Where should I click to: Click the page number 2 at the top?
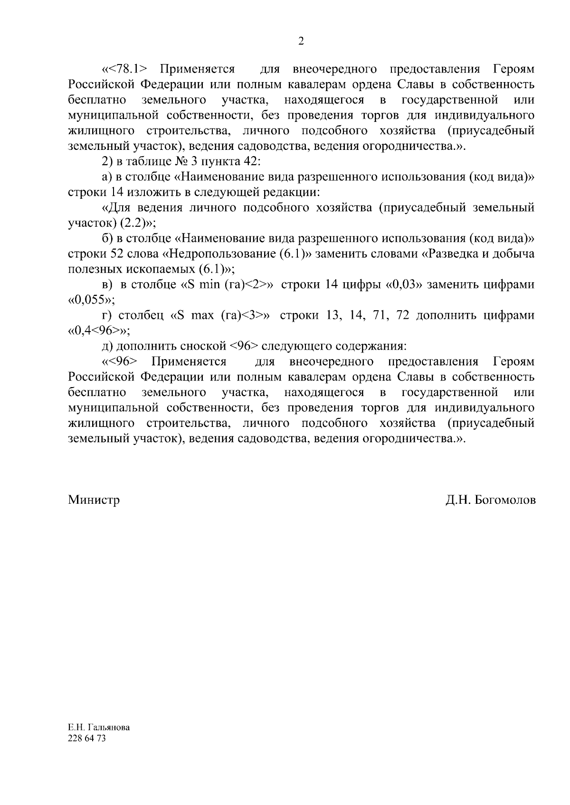tap(300, 41)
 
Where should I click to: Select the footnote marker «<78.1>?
tap(124, 69)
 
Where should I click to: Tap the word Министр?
tap(94, 500)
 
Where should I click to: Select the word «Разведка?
tap(449, 253)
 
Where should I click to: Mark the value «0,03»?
tap(404, 285)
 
